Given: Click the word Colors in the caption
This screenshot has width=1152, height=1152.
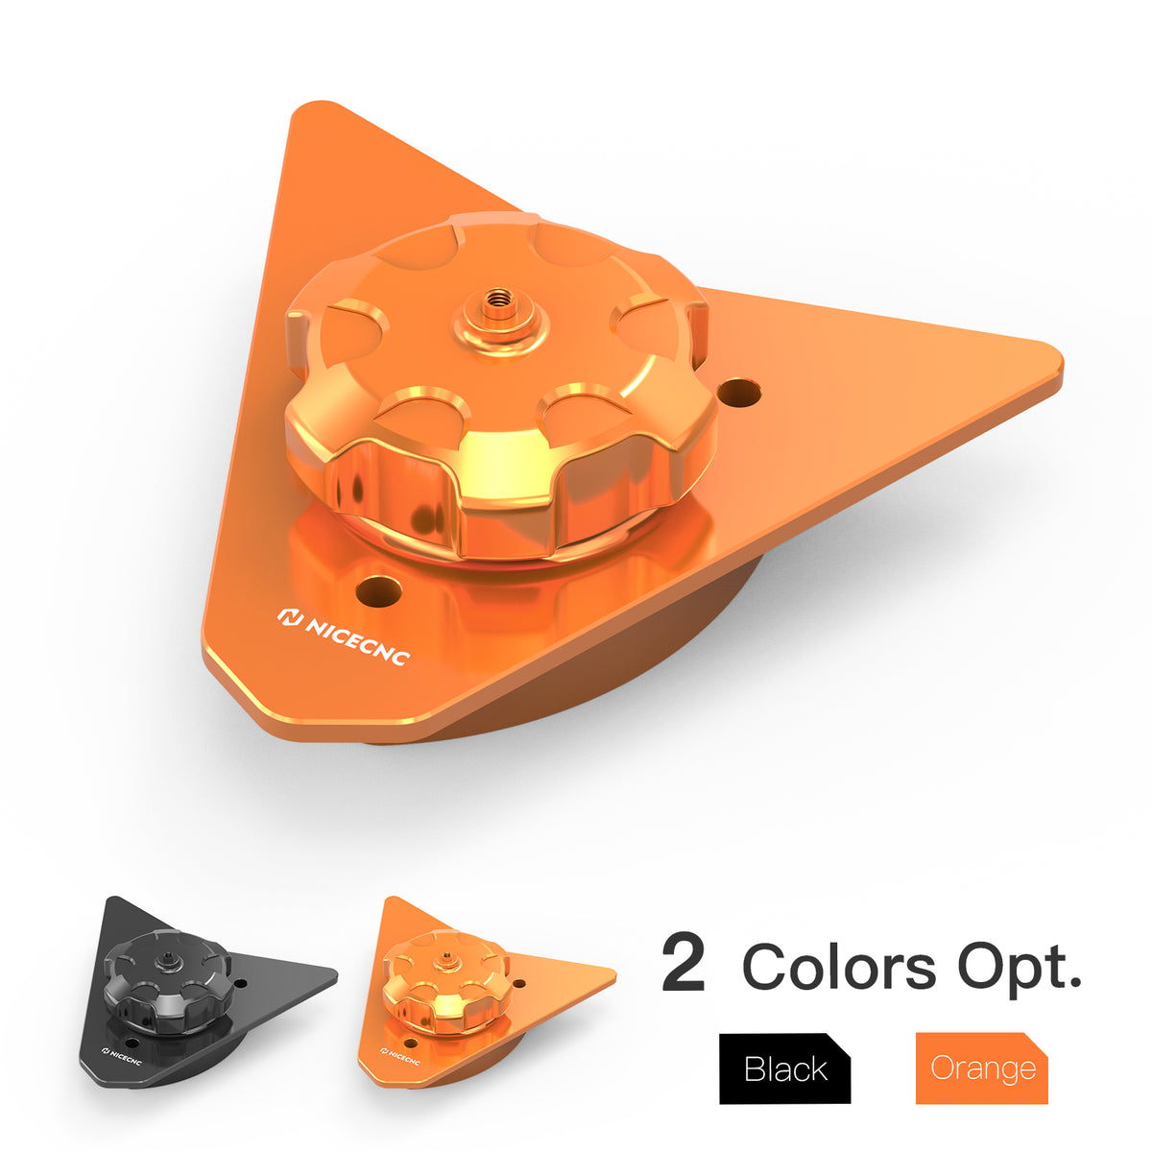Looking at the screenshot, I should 839,967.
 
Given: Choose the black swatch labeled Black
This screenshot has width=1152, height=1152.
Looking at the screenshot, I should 784,1068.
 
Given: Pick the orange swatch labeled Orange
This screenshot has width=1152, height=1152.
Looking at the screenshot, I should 981,1068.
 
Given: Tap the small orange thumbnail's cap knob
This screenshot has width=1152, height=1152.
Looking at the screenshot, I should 444,976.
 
